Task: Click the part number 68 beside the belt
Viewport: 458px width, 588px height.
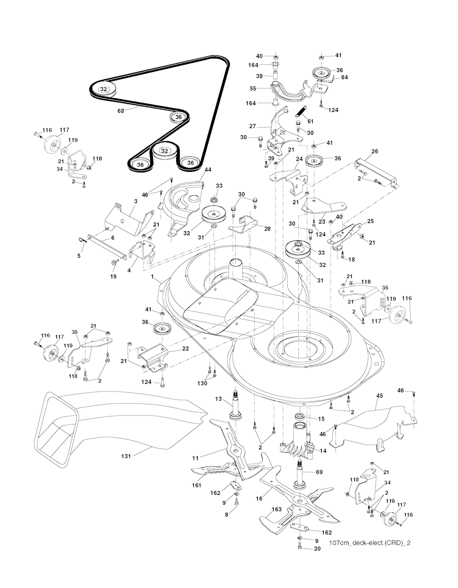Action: (x=120, y=111)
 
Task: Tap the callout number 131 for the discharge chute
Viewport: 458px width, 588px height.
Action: (x=126, y=456)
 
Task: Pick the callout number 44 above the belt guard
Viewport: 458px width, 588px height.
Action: (x=208, y=170)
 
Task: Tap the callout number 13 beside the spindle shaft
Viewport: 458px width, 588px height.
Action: (x=218, y=399)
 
